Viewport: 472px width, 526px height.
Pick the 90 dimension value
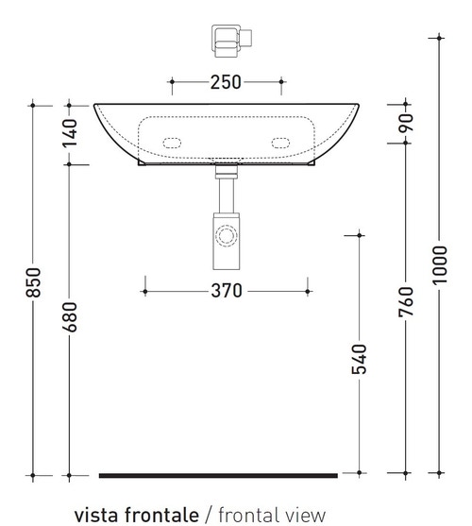click(x=406, y=122)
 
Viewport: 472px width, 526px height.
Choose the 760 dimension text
click(x=406, y=302)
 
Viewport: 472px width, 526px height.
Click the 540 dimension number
click(x=359, y=360)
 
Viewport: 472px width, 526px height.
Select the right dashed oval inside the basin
click(x=281, y=143)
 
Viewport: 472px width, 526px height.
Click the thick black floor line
click(x=217, y=475)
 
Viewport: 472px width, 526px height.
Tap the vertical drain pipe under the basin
click(x=226, y=195)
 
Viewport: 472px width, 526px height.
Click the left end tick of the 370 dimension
click(x=143, y=290)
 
